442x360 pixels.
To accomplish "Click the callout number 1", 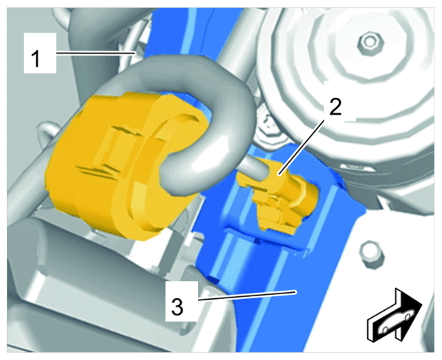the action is [36, 57].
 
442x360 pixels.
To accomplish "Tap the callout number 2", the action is [335, 107].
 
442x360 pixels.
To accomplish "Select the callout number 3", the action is [178, 307].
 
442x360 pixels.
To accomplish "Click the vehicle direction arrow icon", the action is [394, 316].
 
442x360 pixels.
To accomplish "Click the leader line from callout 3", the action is [248, 296].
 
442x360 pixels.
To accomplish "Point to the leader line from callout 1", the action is [96, 53].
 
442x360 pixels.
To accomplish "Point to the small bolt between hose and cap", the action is [268, 124].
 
